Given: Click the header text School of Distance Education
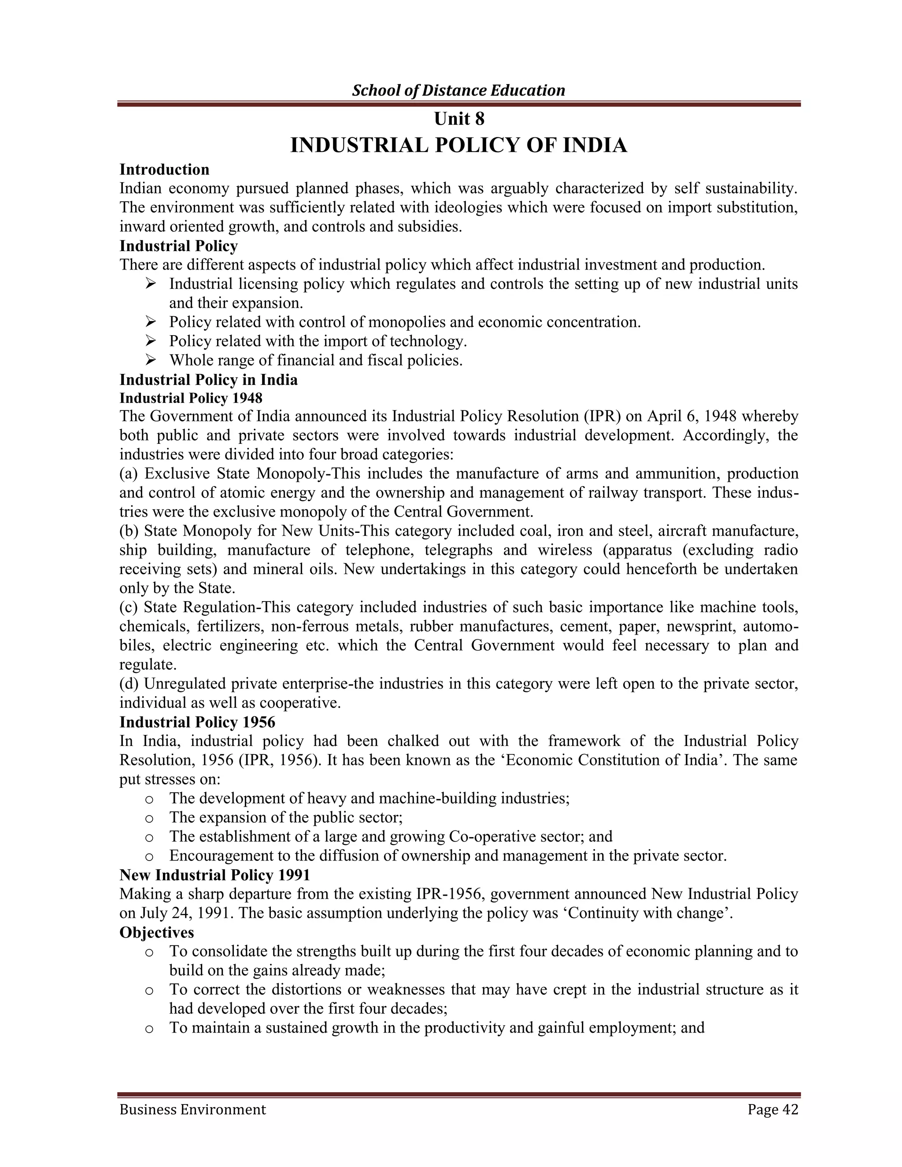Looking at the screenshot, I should coord(458,90).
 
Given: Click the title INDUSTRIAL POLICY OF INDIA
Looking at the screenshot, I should coord(458,145).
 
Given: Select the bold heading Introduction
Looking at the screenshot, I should coord(164,170).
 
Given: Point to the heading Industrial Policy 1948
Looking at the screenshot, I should coord(191,398).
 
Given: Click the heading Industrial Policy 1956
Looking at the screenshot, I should coord(197,722).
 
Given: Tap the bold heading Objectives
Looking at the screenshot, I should coord(156,932).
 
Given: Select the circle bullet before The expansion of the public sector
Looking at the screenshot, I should coord(150,818).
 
